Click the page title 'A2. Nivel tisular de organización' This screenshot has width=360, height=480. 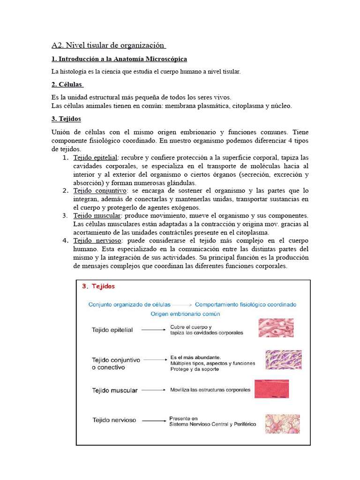click(x=108, y=45)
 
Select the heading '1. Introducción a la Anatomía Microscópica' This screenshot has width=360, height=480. click(x=119, y=59)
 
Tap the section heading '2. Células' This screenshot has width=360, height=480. click(x=67, y=84)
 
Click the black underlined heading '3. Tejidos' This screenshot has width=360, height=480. click(x=66, y=119)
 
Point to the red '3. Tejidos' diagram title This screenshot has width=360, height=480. click(x=98, y=286)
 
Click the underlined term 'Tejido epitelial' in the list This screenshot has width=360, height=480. click(x=95, y=157)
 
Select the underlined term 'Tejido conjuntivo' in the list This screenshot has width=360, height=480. click(x=100, y=191)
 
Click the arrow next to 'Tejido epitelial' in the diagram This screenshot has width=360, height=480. click(x=152, y=330)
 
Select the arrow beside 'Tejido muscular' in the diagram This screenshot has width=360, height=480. click(x=152, y=390)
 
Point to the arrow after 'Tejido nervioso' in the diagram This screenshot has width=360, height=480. click(x=152, y=420)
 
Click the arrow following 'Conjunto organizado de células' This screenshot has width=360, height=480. click(x=182, y=305)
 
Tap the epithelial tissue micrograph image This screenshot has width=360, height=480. click(x=276, y=328)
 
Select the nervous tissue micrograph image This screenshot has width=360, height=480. click(x=279, y=423)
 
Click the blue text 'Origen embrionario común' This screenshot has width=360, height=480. click(x=185, y=314)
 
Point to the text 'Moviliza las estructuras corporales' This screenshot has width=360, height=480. click(x=210, y=390)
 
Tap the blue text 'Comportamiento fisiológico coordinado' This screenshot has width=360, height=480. click(x=246, y=304)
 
